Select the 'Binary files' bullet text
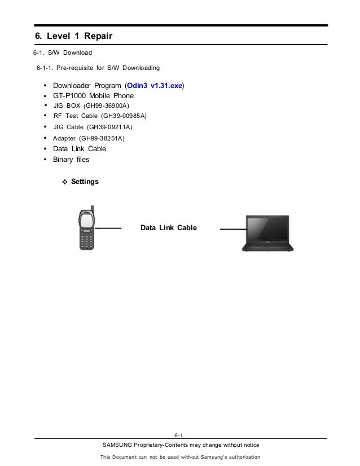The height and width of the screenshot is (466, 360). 71,160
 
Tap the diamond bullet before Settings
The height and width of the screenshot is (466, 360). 64,182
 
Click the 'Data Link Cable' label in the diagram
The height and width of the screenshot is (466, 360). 169,228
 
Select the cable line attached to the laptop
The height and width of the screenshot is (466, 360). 231,229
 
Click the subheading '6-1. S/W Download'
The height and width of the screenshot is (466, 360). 62,53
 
